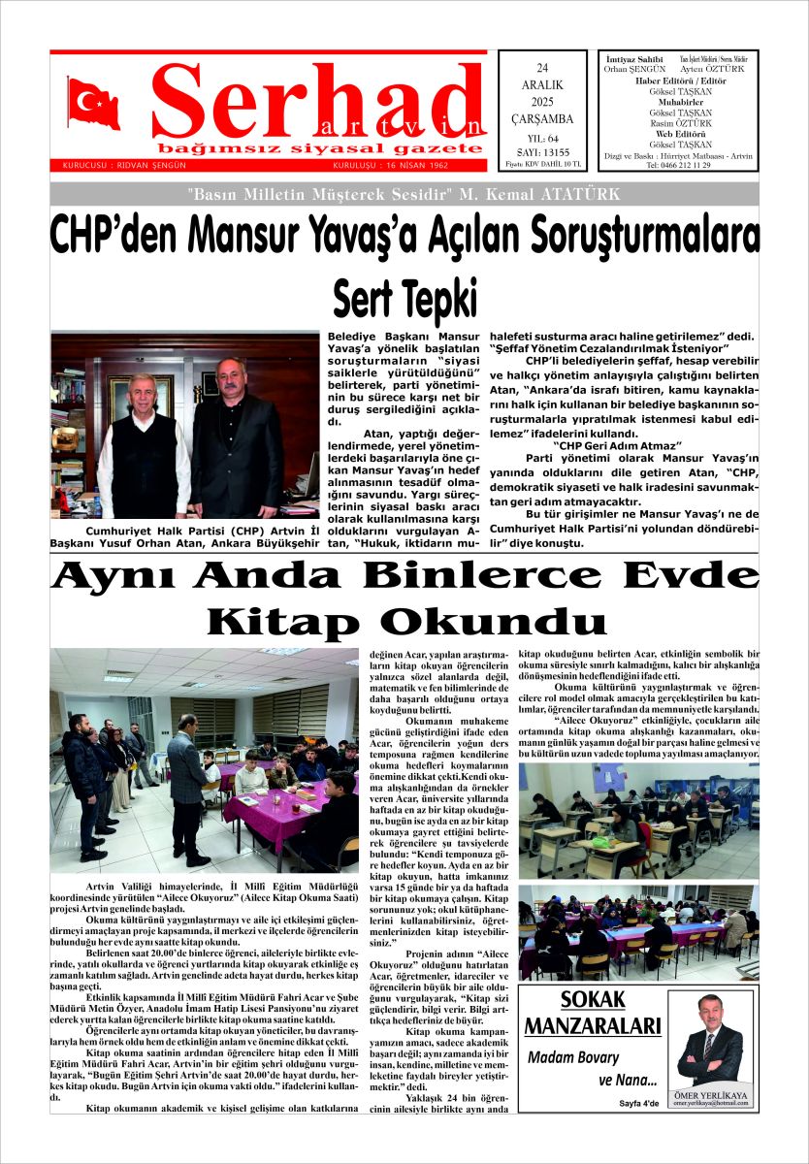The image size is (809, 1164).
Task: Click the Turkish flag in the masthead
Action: point(94,103)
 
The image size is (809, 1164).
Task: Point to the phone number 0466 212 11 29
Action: point(678,166)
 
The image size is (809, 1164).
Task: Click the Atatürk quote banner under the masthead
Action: point(404,194)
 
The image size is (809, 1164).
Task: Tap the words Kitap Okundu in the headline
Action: point(406,621)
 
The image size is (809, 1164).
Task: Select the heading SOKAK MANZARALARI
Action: point(593,1014)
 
